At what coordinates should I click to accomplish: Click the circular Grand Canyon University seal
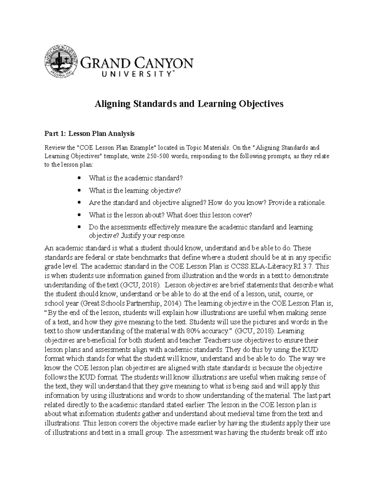point(61,62)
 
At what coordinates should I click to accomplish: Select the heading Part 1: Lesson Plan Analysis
point(89,134)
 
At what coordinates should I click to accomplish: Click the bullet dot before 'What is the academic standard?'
point(79,178)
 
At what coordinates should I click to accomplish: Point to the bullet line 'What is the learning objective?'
point(135,191)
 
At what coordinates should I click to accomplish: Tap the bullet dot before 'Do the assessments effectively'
point(79,227)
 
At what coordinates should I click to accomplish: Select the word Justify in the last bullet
point(130,236)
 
